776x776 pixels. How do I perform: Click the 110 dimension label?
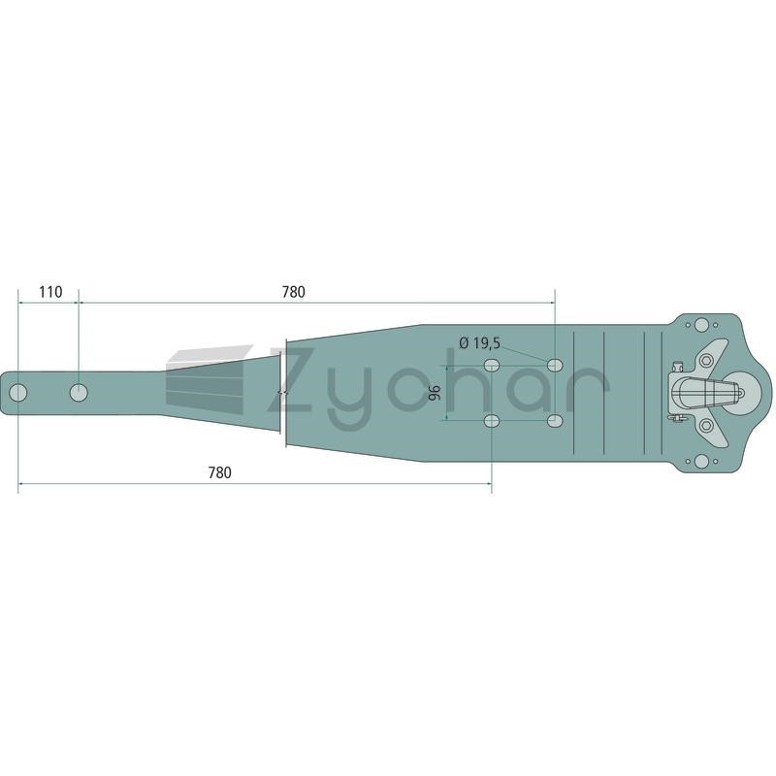pyautogui.click(x=51, y=292)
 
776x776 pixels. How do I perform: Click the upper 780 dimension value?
pyautogui.click(x=294, y=292)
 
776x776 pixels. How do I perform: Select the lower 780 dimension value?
pyautogui.click(x=219, y=472)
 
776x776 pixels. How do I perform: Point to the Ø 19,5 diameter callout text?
pyautogui.click(x=479, y=342)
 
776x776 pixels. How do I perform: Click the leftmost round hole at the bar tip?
pyautogui.click(x=18, y=393)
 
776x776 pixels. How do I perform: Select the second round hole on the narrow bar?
pyautogui.click(x=79, y=393)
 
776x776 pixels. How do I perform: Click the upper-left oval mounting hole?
pyautogui.click(x=491, y=366)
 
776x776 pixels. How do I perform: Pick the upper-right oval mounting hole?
pyautogui.click(x=555, y=366)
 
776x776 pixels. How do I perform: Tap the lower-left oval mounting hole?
pyautogui.click(x=491, y=421)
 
